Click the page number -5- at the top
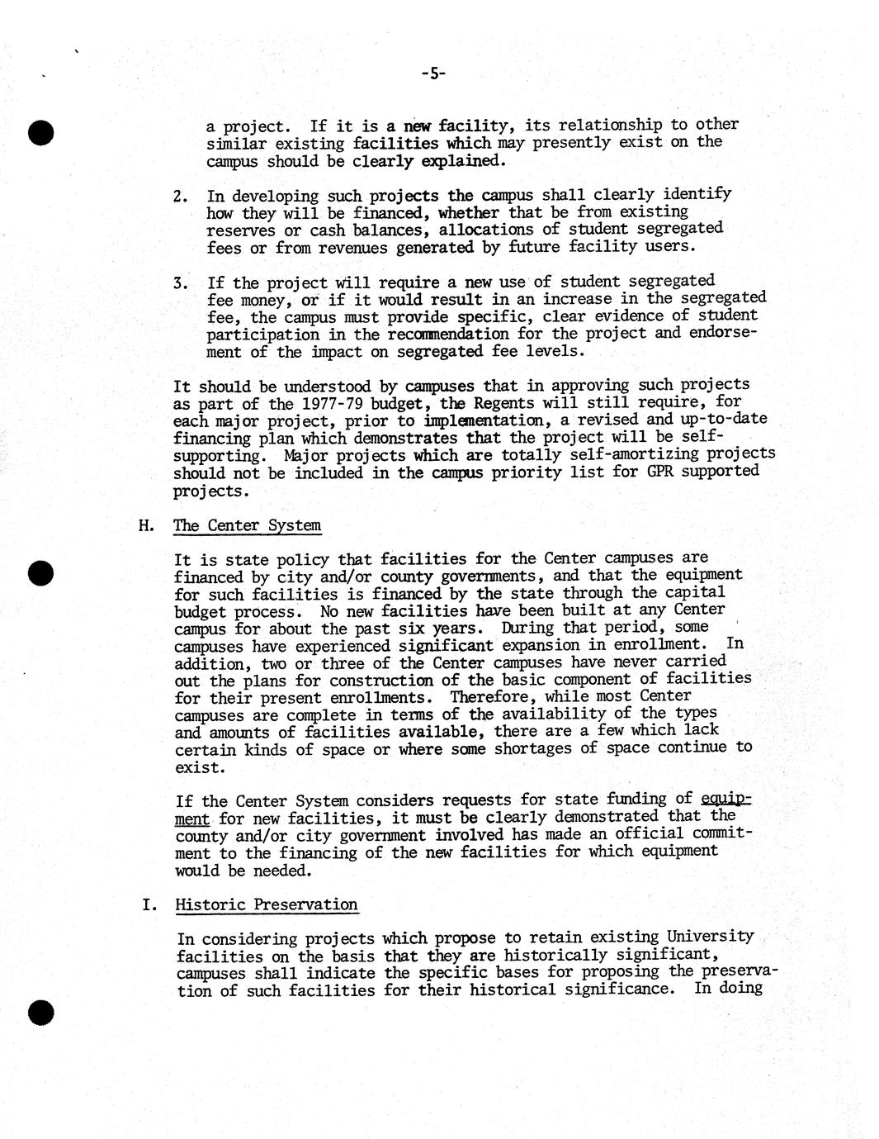432,74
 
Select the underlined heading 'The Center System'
248,526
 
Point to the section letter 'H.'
147,526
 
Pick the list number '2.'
182,197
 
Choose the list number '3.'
182,283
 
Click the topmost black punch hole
40,132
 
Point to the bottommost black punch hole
40,1013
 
